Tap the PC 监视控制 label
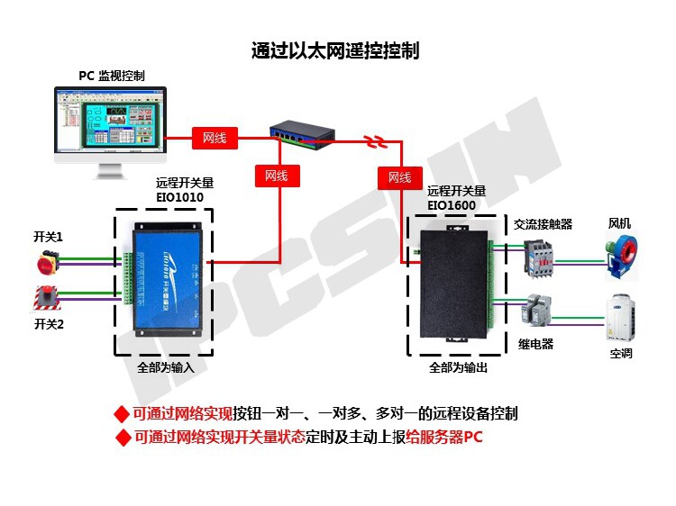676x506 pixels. (x=111, y=77)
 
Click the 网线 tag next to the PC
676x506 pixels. (x=215, y=138)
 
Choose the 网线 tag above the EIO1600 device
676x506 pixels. (x=399, y=177)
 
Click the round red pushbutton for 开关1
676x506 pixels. (x=45, y=262)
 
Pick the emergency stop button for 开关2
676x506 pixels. (x=46, y=298)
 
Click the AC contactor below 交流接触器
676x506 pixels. (x=539, y=257)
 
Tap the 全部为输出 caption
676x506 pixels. (x=459, y=368)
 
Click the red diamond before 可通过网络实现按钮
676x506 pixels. (x=122, y=414)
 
